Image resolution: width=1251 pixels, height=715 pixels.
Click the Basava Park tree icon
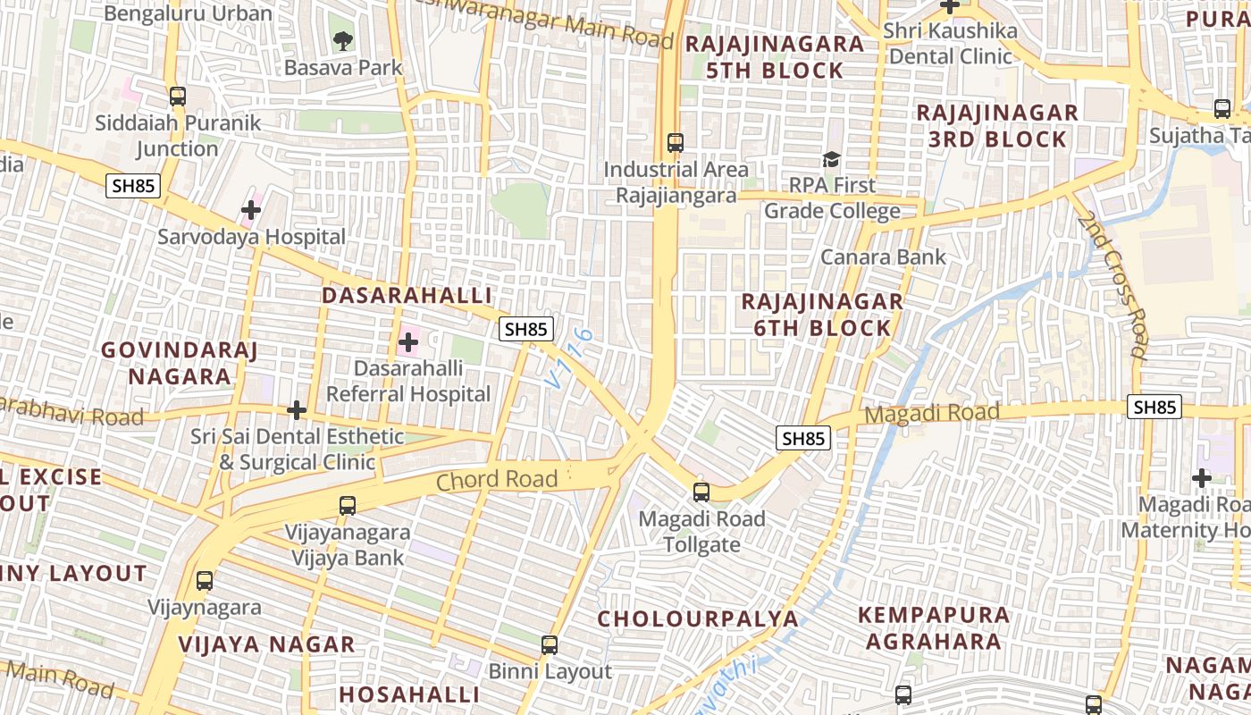pos(342,40)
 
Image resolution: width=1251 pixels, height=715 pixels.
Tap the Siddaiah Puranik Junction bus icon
pos(178,97)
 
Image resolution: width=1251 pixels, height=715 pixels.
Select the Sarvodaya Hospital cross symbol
pos(251,211)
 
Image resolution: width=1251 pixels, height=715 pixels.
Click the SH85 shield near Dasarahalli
pos(525,329)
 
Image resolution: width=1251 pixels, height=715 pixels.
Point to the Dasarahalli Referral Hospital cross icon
pos(408,341)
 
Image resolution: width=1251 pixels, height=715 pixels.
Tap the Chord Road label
pos(497,480)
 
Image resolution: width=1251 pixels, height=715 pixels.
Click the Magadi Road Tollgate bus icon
pos(701,492)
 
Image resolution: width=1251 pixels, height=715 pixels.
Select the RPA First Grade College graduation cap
pos(832,160)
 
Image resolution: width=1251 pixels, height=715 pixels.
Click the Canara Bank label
pos(883,257)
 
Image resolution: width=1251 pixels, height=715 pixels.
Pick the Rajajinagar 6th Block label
pos(822,315)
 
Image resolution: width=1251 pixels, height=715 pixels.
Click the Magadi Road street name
pos(932,414)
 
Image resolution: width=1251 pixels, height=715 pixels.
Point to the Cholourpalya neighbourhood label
pos(698,618)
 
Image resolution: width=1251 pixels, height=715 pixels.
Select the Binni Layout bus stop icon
pos(550,644)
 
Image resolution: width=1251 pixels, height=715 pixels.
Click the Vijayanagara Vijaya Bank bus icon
pos(348,506)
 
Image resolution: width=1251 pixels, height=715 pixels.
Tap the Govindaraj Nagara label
pos(179,363)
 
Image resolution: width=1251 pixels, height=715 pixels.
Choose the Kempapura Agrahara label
pos(934,628)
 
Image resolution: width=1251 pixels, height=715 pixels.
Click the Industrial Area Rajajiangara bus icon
pos(676,143)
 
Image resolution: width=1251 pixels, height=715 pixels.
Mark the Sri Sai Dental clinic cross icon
pos(297,410)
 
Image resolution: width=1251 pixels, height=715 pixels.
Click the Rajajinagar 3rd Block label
pos(997,126)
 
